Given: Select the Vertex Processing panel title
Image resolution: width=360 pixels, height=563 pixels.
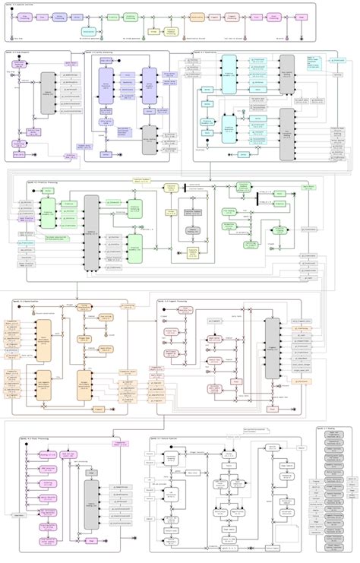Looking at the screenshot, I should (102, 52).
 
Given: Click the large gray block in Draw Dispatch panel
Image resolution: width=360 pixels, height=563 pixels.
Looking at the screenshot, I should (47, 95).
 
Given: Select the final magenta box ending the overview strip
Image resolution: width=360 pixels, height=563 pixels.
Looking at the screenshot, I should (302, 15).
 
